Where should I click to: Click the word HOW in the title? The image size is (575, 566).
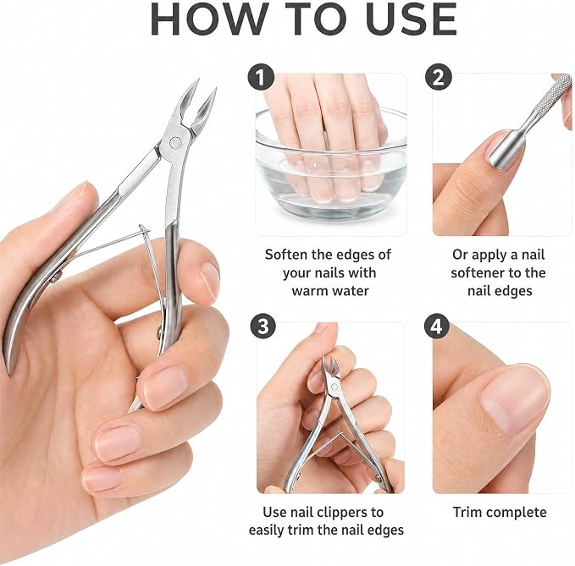[208, 19]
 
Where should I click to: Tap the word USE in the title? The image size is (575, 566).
[411, 19]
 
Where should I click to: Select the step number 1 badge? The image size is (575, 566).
[261, 77]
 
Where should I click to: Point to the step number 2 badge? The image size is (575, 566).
[438, 77]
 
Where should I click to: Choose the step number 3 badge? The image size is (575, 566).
[263, 327]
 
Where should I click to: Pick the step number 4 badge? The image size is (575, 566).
[436, 327]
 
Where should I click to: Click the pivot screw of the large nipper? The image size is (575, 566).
[175, 142]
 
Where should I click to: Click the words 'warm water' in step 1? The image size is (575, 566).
[330, 291]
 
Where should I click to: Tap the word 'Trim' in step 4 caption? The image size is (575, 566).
[467, 512]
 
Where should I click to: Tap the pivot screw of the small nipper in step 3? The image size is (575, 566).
[334, 387]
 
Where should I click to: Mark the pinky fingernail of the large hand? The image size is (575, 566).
[102, 479]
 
